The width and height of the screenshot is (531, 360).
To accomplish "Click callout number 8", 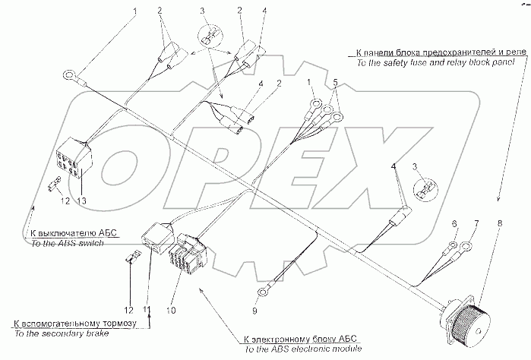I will (x=501, y=224).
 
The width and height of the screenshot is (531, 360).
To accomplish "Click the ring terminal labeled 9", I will (x=263, y=290).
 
